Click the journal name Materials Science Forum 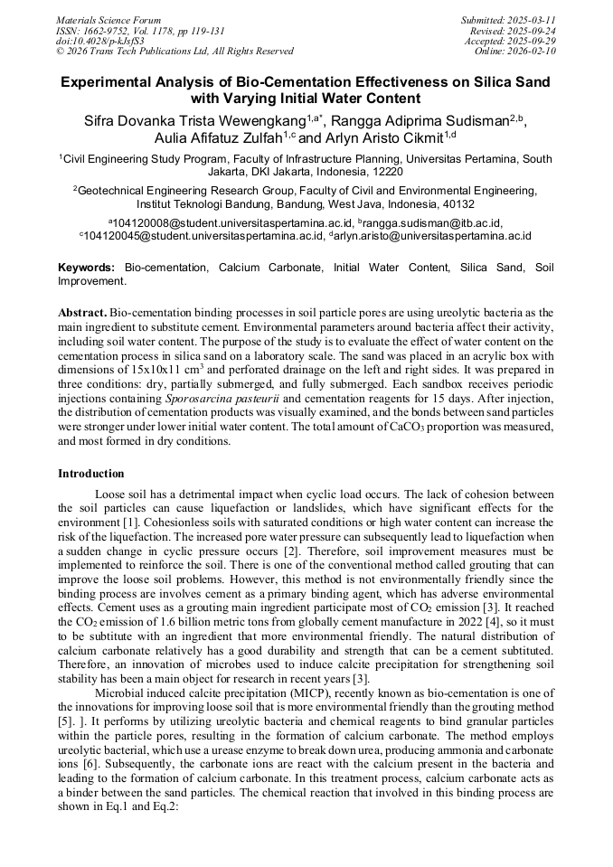[x=108, y=20]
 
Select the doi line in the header [x=99, y=42]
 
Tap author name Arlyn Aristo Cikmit [x=383, y=137]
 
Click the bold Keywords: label [x=87, y=268]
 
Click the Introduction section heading [x=91, y=474]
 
